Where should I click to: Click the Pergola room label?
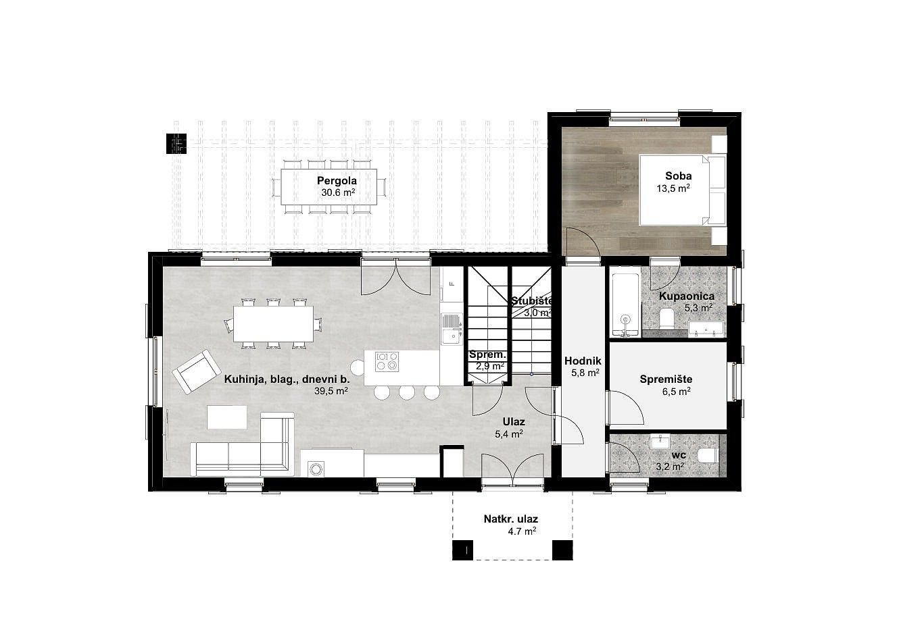(x=337, y=180)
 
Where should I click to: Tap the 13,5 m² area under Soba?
(x=673, y=188)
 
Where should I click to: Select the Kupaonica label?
(x=687, y=296)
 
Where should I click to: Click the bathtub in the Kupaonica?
(x=625, y=306)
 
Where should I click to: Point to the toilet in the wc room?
(x=707, y=456)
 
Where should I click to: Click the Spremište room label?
(x=666, y=379)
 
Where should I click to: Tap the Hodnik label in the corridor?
(x=583, y=361)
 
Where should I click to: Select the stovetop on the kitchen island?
(x=387, y=362)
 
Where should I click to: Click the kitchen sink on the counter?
(x=452, y=329)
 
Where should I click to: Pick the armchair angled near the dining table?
(x=197, y=371)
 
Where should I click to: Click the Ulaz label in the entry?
(x=514, y=422)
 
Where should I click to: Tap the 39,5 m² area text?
(x=331, y=391)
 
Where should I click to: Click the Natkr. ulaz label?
(x=511, y=519)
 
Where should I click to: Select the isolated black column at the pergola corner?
(x=176, y=144)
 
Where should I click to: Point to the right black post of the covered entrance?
(x=562, y=550)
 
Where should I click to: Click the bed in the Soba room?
(x=682, y=190)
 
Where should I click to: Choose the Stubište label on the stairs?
(x=532, y=300)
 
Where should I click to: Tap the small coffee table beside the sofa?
(x=226, y=417)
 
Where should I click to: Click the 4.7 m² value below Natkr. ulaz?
(x=522, y=531)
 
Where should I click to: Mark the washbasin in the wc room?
(x=660, y=441)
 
